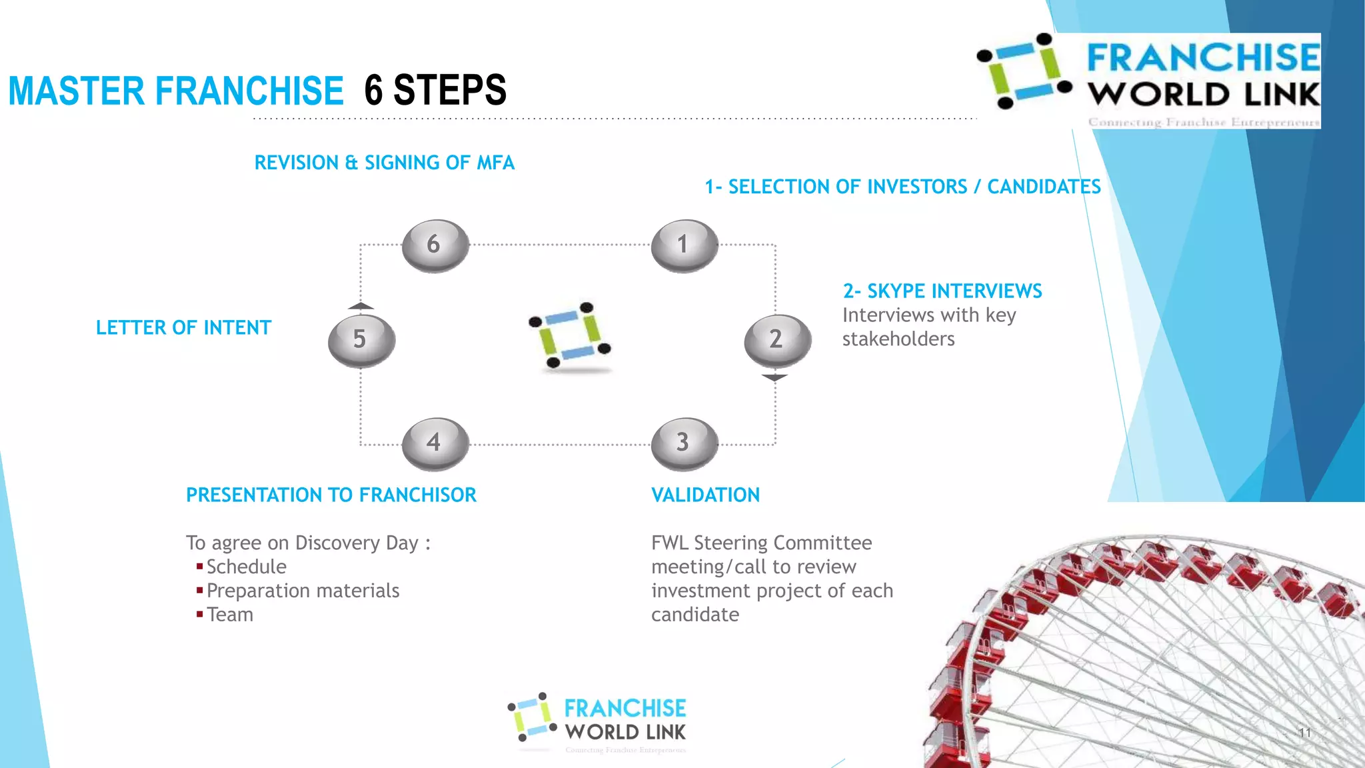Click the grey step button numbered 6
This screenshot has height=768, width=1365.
coord(435,245)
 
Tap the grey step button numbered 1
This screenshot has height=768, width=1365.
coord(684,245)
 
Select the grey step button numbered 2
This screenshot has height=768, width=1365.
coord(777,340)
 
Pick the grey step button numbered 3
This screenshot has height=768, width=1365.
coord(684,443)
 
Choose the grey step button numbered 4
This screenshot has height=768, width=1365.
coord(435,443)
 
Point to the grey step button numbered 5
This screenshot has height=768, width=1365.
coord(361,340)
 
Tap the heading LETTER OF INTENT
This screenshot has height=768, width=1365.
coord(183,328)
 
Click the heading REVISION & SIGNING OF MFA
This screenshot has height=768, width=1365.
coord(384,163)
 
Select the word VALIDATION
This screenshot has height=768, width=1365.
coord(705,495)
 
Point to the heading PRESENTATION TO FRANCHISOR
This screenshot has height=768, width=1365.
coord(331,495)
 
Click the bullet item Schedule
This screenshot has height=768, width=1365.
coord(246,567)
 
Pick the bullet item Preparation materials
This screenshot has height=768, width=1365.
coord(303,591)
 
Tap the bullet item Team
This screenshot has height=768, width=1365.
coord(230,615)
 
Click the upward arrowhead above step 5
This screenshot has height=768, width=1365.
coord(361,306)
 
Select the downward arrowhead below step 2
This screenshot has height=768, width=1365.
coord(774,378)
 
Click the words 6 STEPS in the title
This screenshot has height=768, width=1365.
coord(435,90)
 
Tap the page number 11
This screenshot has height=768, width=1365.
coord(1304,733)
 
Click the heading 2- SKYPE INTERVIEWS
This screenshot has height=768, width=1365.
coord(942,291)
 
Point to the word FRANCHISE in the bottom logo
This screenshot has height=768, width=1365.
coord(625,708)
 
